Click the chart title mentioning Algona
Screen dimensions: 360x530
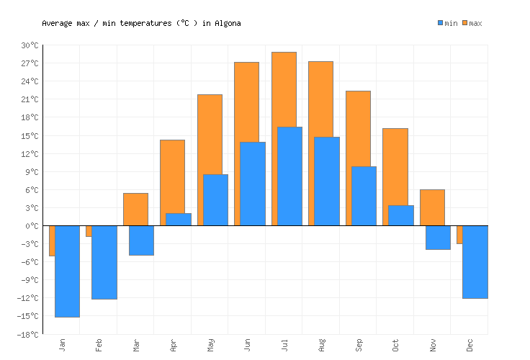(x=141, y=23)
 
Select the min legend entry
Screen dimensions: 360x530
(x=447, y=23)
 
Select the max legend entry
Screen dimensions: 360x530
(x=472, y=23)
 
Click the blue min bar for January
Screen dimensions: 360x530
(x=67, y=271)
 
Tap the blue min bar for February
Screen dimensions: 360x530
(x=104, y=262)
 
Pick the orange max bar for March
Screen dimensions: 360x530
(x=135, y=209)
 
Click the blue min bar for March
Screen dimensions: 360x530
(x=141, y=240)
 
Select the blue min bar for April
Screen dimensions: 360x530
(x=178, y=220)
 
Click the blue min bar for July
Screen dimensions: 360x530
(x=289, y=176)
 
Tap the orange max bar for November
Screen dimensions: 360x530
(x=432, y=207)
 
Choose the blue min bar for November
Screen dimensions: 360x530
(x=438, y=238)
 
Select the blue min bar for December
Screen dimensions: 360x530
(x=475, y=262)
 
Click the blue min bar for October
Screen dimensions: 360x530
(x=401, y=215)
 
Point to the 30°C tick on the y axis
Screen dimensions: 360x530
(x=30, y=45)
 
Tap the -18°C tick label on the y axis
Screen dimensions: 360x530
(x=28, y=334)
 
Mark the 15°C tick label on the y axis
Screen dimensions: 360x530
(x=30, y=135)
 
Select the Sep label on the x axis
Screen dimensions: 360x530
(x=359, y=345)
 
